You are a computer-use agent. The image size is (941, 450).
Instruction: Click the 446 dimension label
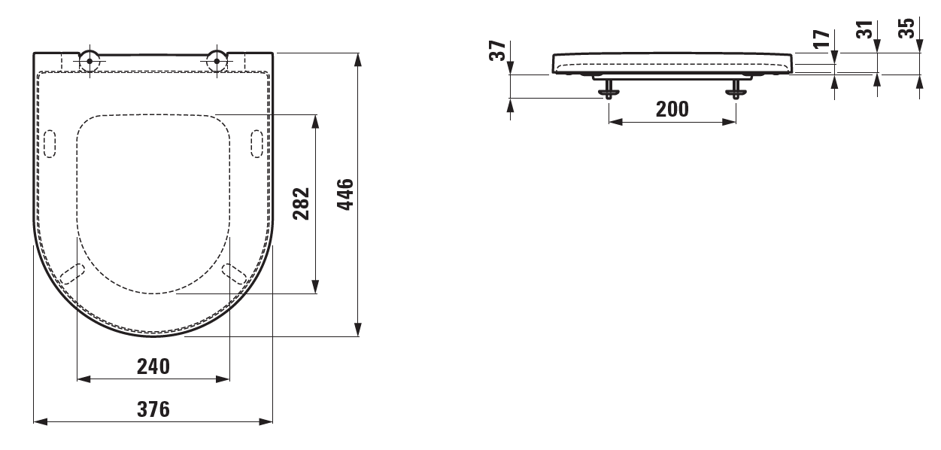345,194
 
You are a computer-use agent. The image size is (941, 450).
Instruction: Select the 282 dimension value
301,204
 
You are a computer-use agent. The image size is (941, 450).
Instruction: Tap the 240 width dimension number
153,366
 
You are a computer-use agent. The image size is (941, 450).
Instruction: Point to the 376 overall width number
153,409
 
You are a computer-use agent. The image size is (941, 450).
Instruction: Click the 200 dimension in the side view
672,109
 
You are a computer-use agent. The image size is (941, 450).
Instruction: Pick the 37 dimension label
498,50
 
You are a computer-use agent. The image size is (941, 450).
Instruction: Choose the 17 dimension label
821,39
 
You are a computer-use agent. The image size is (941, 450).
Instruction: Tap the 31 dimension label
865,29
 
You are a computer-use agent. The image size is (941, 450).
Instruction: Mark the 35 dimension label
906,28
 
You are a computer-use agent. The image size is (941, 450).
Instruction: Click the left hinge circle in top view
90,61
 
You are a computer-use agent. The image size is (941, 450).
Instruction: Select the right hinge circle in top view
217,61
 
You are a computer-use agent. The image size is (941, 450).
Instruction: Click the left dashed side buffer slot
50,144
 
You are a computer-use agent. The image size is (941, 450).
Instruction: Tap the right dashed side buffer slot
256,144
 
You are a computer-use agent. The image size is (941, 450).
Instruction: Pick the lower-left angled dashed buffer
72,274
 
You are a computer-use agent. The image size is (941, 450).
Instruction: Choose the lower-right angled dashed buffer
234,274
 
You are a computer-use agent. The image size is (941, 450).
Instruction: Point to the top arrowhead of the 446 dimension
358,60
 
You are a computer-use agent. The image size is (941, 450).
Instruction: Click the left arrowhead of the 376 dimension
41,421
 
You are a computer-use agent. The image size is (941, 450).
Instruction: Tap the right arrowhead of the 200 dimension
729,122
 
